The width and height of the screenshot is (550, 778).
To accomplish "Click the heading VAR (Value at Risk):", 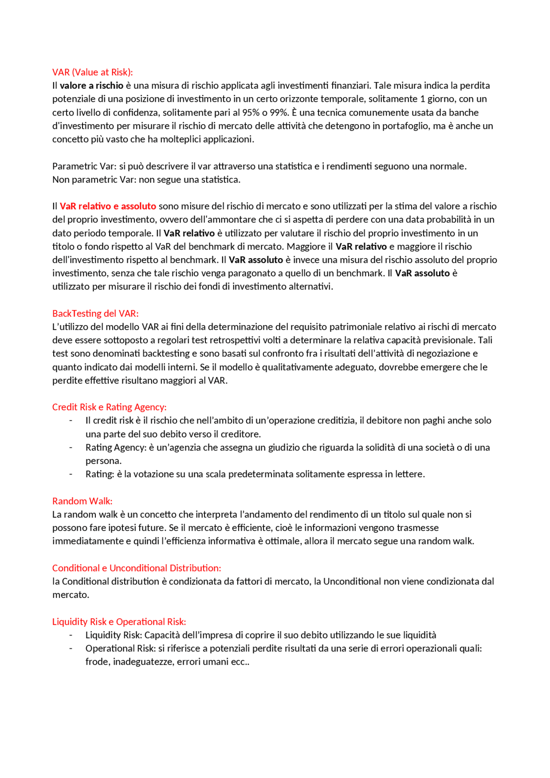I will click(x=92, y=72).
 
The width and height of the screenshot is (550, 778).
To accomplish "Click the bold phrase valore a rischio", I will click(x=92, y=85).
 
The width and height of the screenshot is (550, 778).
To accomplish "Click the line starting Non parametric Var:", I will click(x=146, y=180).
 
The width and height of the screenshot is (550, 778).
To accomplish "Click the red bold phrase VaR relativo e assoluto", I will click(x=108, y=206).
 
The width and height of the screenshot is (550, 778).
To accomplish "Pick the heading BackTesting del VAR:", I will click(x=95, y=314).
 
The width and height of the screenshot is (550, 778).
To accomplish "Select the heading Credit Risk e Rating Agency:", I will click(x=109, y=407).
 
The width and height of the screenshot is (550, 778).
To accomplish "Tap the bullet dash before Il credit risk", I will click(x=71, y=421).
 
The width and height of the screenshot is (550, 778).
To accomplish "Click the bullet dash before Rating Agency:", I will click(x=71, y=448).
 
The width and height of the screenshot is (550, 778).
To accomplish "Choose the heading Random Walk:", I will click(x=82, y=501).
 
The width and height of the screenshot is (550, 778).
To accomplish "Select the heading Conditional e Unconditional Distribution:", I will click(x=137, y=568).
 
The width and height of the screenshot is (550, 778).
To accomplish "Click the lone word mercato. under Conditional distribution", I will click(x=70, y=595).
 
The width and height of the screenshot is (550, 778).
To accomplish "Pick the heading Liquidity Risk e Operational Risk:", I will click(x=119, y=622).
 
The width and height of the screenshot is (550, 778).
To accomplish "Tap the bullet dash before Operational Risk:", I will click(x=71, y=649).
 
